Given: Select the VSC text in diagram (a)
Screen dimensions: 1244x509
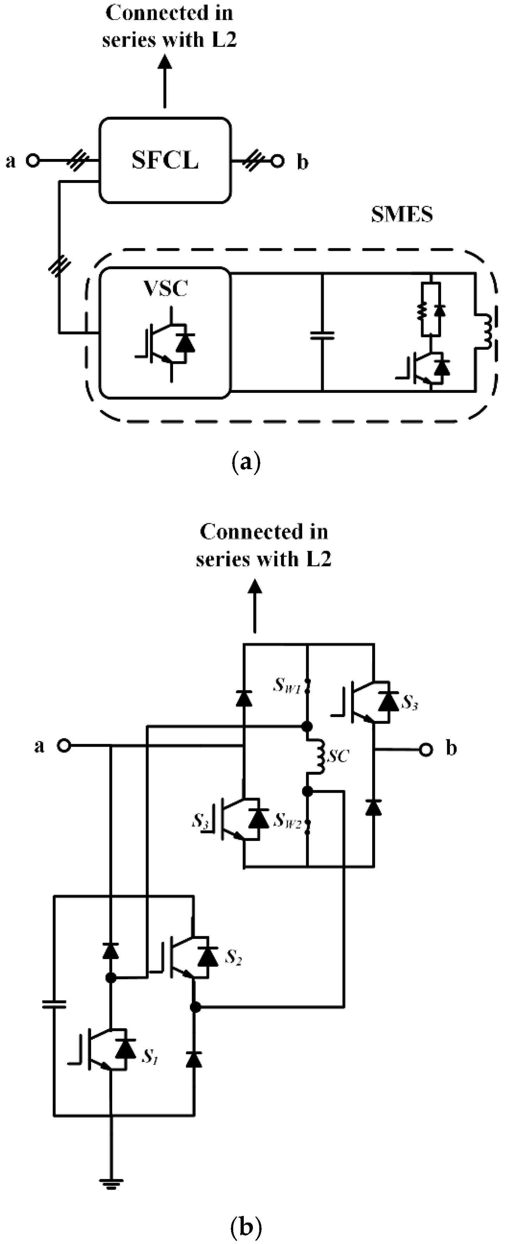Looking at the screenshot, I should (166, 288).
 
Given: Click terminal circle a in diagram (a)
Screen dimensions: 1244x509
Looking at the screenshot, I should (32, 160).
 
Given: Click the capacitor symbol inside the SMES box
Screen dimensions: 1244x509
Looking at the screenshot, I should (322, 335).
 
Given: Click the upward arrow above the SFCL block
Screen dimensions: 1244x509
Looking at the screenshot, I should (165, 80).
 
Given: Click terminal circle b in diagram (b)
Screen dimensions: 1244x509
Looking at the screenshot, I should (426, 749).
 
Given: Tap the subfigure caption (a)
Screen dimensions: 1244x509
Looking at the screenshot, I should (246, 462).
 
